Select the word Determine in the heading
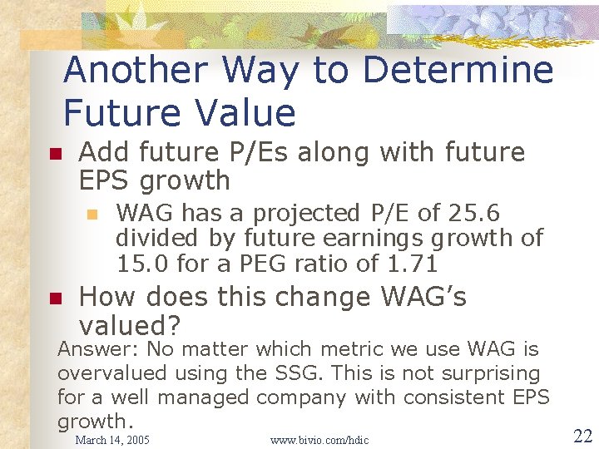[x=458, y=71]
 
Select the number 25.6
[x=472, y=214]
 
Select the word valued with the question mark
[x=131, y=324]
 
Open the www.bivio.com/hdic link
[x=319, y=439]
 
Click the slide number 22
[x=582, y=436]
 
